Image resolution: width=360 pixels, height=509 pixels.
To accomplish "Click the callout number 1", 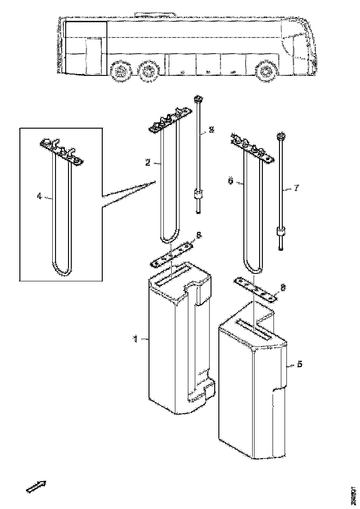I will [136, 339].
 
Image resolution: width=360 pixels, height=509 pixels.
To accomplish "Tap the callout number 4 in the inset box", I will [39, 196].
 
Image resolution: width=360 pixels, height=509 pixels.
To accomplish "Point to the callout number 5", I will [299, 365].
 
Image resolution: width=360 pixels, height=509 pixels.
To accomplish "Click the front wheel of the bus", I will [266, 72].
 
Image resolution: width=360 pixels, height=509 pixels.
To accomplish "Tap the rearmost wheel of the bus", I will [121, 72].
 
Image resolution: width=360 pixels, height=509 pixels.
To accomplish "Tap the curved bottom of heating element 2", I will [169, 237].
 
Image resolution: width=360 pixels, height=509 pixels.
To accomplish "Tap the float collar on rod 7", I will [280, 231].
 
